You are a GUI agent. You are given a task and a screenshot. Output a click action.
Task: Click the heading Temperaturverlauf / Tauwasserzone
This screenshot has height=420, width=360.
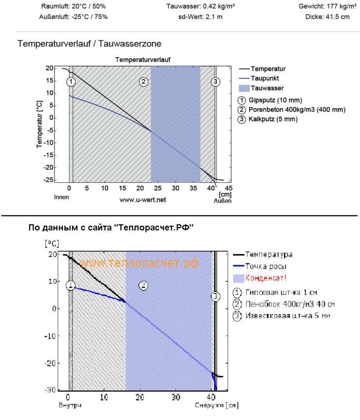point(89,44)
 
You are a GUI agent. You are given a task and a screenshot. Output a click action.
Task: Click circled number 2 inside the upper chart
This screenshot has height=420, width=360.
point(143,81)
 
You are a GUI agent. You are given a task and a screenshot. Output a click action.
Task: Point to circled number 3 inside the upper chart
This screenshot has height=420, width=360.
point(216,81)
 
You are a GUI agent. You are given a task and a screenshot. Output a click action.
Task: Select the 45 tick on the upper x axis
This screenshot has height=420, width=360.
point(229,188)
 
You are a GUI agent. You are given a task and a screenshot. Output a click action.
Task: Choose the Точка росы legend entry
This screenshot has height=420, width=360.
point(265,266)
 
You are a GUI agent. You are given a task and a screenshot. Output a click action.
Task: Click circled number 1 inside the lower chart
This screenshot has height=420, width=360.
point(71,285)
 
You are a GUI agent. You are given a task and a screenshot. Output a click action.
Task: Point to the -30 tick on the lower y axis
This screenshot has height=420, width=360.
point(51,390)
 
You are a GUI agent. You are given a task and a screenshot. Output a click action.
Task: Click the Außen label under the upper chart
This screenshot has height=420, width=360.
point(222,200)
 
